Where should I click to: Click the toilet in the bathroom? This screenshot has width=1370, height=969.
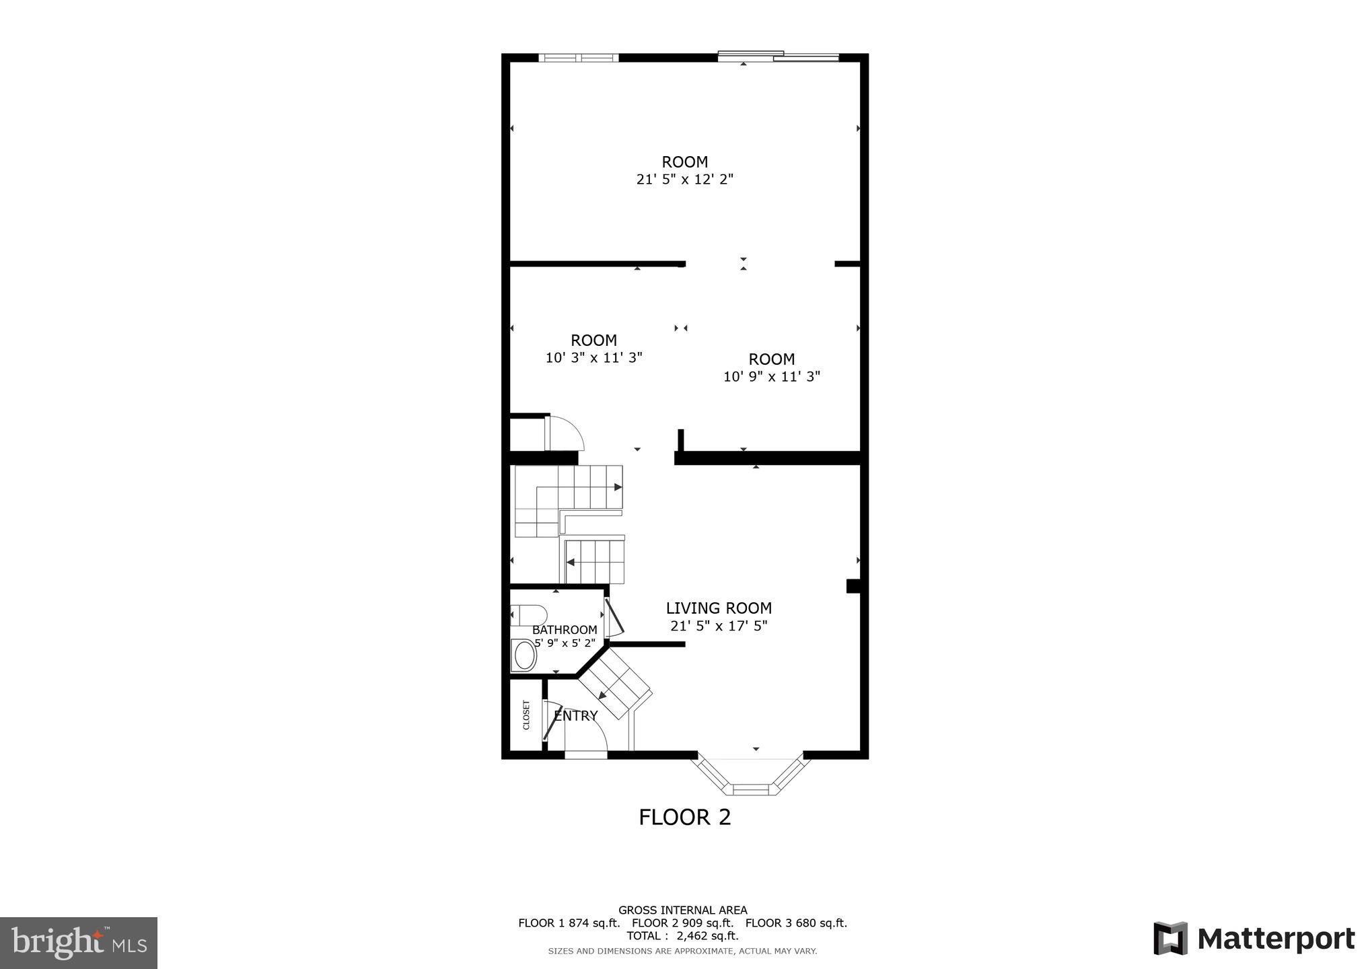pos(529,615)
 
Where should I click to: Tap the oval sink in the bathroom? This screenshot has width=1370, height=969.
pos(524,656)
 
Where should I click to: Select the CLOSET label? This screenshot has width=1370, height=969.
pos(527,715)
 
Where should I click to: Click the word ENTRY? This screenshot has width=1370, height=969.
pos(576,716)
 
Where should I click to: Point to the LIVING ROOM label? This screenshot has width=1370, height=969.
pos(719,608)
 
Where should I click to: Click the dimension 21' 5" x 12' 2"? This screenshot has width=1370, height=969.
pos(684,180)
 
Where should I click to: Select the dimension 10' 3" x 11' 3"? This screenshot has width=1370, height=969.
pos(593,358)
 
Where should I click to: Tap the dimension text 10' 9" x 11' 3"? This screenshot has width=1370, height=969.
pos(772,377)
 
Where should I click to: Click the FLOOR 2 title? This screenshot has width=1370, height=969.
pos(684,818)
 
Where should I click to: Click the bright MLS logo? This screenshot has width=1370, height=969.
pos(78,943)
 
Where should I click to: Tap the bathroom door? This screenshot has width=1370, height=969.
pos(614,618)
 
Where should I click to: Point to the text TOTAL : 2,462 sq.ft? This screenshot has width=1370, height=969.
pos(682,936)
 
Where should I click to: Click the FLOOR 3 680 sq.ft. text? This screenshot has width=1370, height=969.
pos(796,923)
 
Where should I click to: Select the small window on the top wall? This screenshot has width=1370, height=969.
pos(579,58)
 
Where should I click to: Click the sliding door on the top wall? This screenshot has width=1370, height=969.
pos(779,57)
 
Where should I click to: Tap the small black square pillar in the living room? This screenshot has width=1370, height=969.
pos(853,586)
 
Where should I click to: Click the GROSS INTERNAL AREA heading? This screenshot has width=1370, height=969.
pos(682,910)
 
